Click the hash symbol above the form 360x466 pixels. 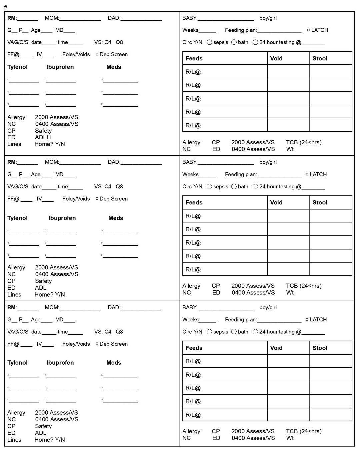(x=6, y=7)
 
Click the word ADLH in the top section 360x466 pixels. (x=43, y=137)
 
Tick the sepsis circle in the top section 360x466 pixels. (x=209, y=42)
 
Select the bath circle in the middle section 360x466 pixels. (x=234, y=187)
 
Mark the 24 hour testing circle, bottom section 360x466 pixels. (x=255, y=332)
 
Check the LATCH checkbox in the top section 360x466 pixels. (x=308, y=30)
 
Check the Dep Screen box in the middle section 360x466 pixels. (x=97, y=199)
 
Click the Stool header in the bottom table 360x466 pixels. (x=320, y=348)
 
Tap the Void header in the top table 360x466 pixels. (x=276, y=58)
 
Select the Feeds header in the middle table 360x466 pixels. (x=194, y=202)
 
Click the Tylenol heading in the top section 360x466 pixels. (x=17, y=67)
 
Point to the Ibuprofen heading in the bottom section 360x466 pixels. (x=60, y=363)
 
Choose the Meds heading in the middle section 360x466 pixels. (x=116, y=218)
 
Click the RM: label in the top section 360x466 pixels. (x=12, y=18)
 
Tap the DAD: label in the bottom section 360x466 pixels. (x=114, y=307)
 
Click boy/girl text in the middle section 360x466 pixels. (x=268, y=162)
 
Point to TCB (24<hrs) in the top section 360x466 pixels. (x=304, y=142)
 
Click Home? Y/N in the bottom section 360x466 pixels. (x=50, y=440)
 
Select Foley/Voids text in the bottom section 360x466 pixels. (x=76, y=344)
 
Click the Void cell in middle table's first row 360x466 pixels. (x=288, y=216)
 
